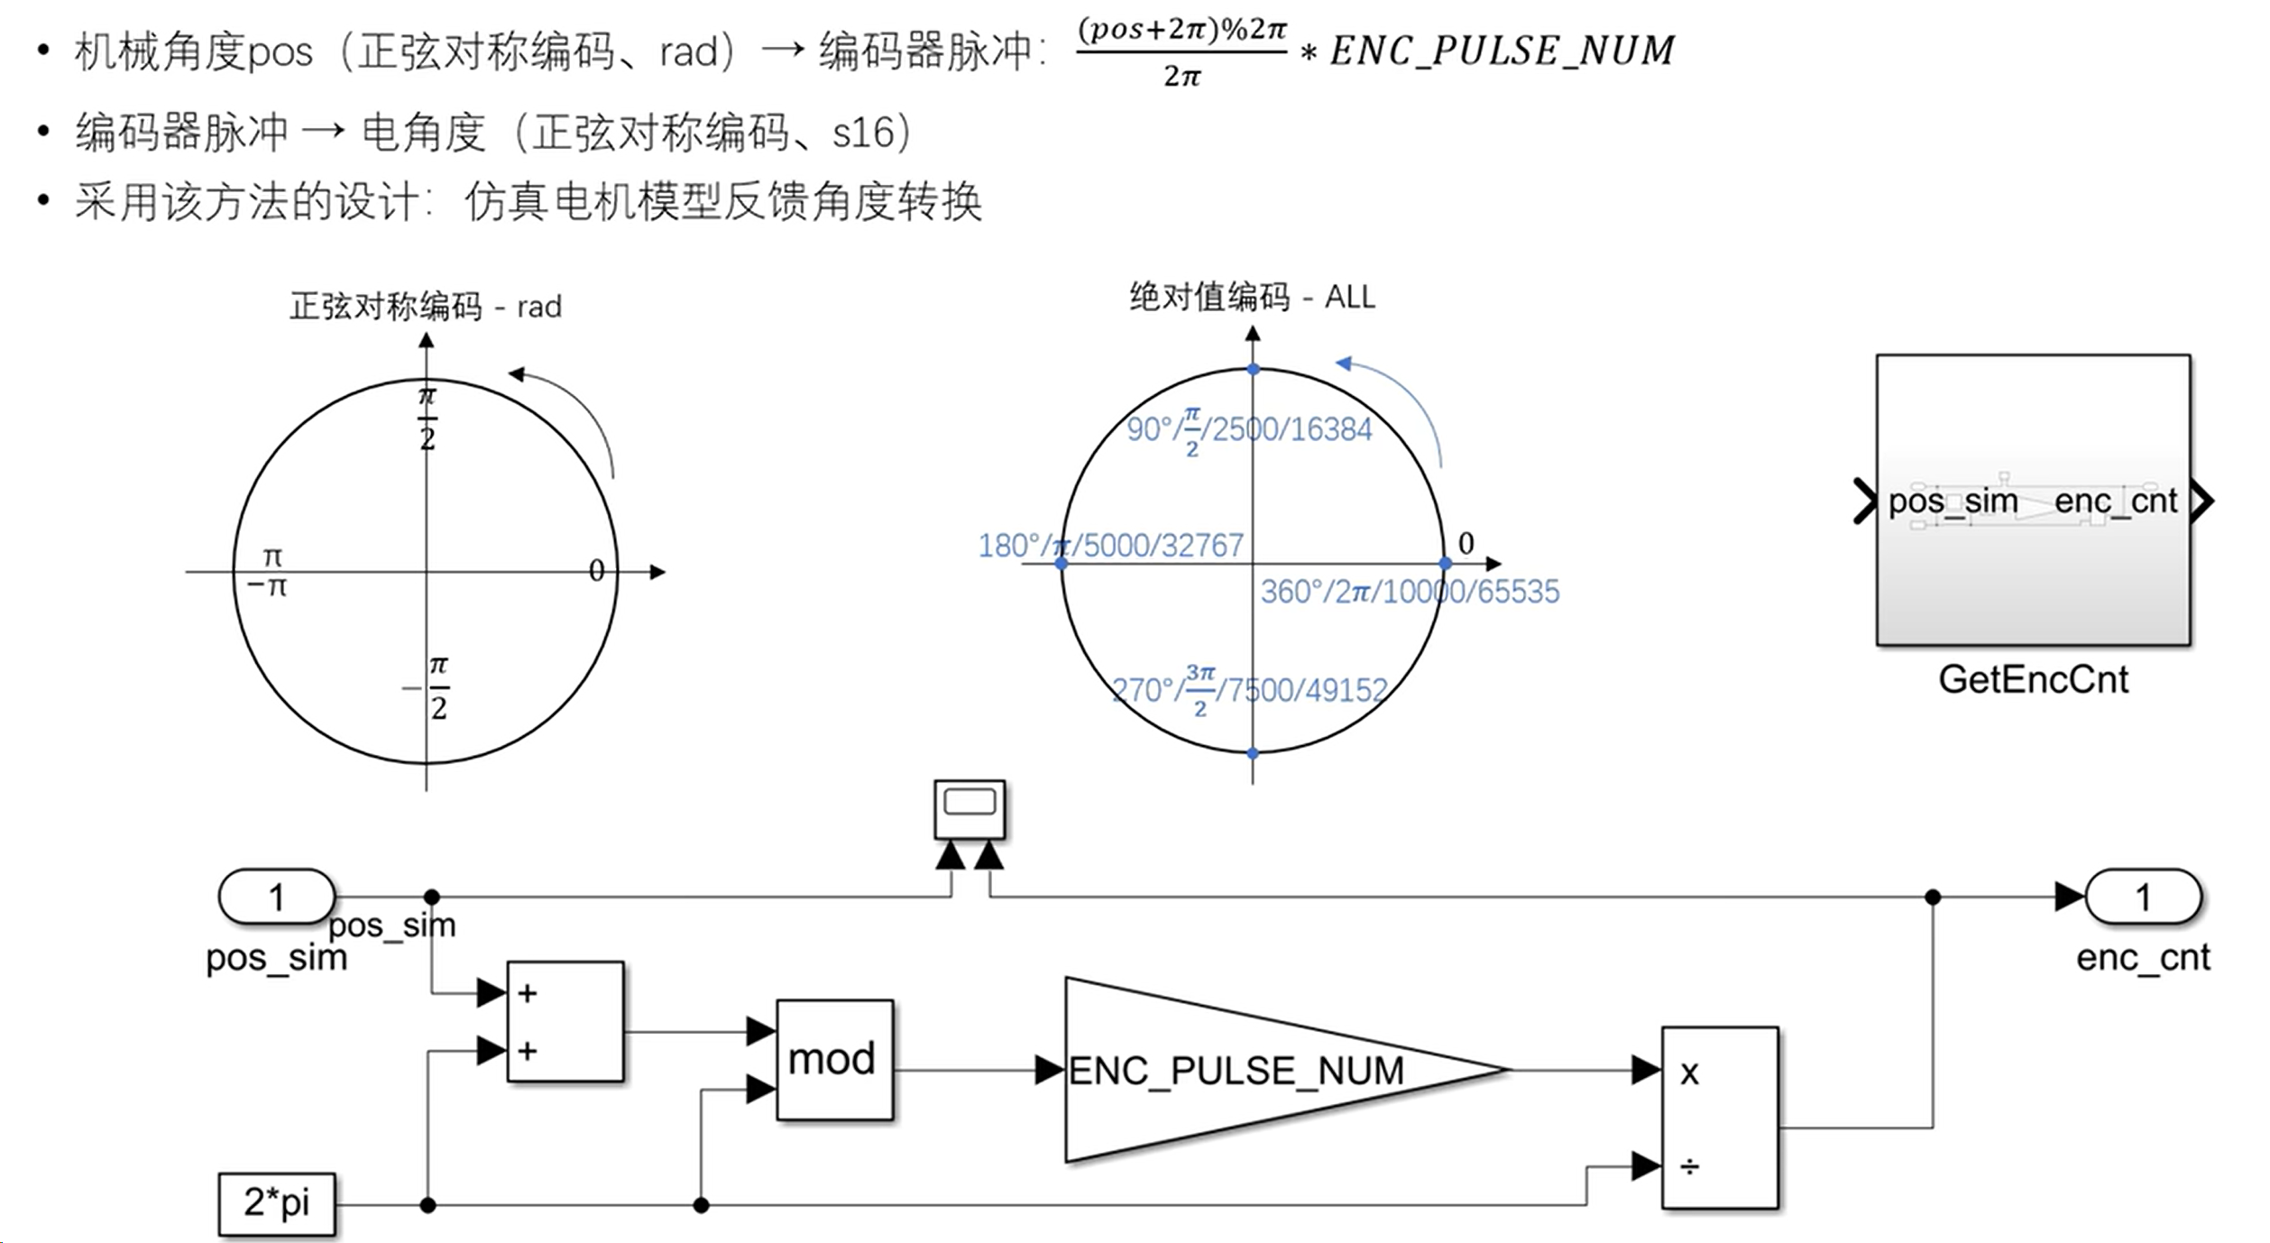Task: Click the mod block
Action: click(834, 1059)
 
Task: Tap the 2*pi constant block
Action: click(277, 1203)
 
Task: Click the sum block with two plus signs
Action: click(565, 1021)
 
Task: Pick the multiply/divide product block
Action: click(1720, 1117)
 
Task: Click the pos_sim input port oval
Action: click(277, 897)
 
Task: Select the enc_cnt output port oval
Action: click(2143, 897)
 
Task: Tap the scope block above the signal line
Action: click(970, 809)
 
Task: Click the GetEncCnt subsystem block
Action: click(2033, 501)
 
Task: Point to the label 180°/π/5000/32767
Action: click(1110, 546)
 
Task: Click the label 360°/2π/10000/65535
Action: click(1410, 592)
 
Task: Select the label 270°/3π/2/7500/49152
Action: click(1249, 691)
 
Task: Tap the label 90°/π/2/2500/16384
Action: click(1249, 429)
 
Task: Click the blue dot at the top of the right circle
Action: click(1253, 369)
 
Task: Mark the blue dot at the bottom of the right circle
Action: click(1253, 753)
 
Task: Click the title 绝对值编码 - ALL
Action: click(1252, 297)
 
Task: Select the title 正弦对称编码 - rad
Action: click(425, 307)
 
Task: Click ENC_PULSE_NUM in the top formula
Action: click(1502, 51)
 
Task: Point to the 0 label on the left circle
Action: click(596, 570)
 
